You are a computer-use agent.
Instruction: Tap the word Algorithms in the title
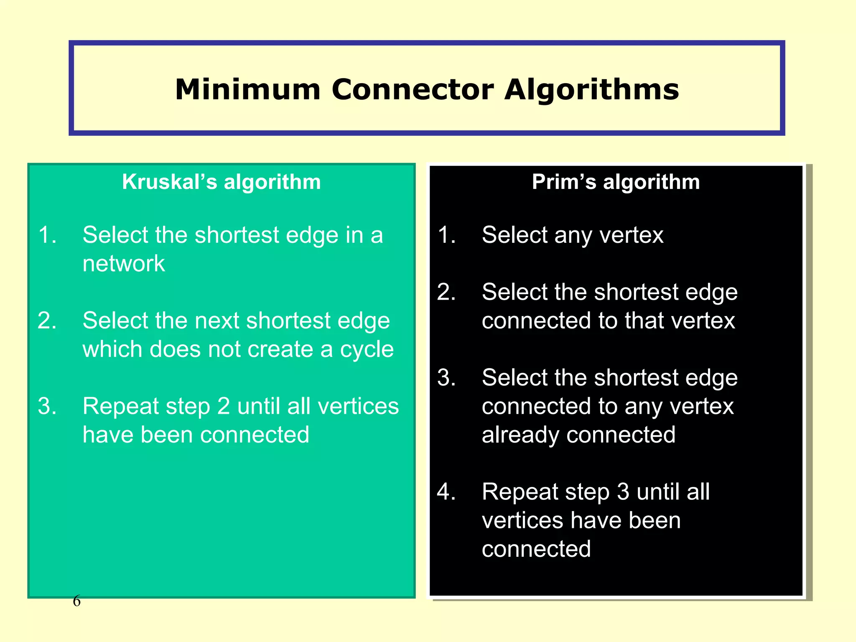[x=591, y=90]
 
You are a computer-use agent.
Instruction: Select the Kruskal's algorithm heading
[x=221, y=182]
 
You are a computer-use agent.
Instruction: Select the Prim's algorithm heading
[x=616, y=182]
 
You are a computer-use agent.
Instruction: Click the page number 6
[x=76, y=601]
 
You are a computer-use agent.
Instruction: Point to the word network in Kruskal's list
[x=124, y=264]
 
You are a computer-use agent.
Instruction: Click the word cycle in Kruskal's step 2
[x=367, y=349]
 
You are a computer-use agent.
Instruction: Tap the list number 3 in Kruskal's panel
[x=47, y=406]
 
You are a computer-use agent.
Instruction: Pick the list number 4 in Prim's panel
[x=446, y=492]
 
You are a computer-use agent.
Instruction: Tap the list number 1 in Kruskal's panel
[x=47, y=235]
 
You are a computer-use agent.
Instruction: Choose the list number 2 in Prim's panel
[x=446, y=292]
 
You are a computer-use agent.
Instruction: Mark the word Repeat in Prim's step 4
[x=520, y=492]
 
